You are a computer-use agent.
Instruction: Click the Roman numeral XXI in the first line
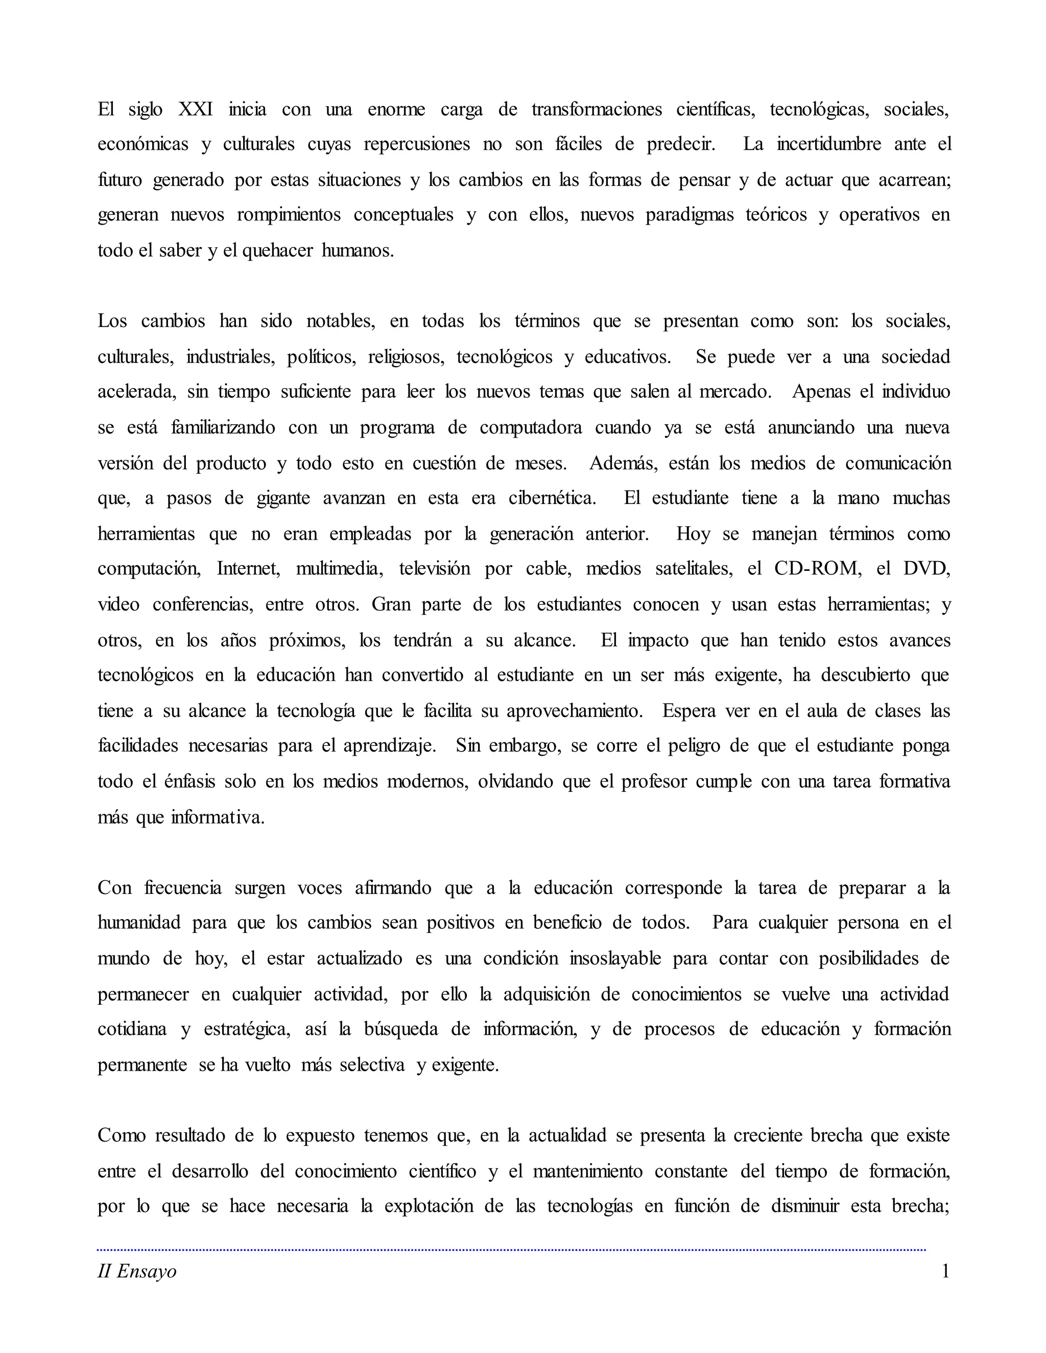[195, 110]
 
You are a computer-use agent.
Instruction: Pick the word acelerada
[136, 392]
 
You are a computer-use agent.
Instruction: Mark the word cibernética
[552, 499]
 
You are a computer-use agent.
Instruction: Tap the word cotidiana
[132, 1030]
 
